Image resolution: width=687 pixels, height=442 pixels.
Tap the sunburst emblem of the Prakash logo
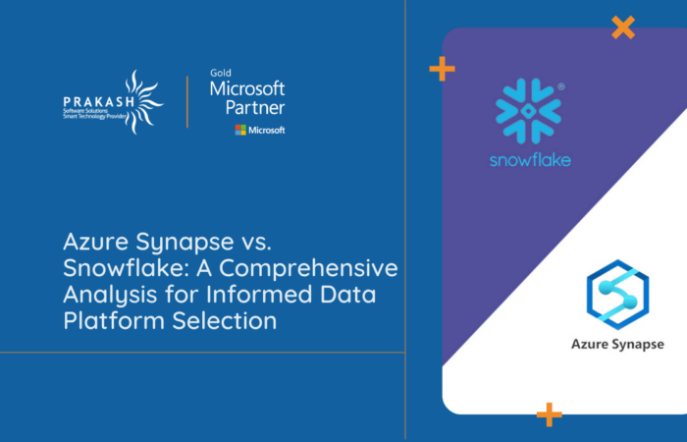(x=139, y=100)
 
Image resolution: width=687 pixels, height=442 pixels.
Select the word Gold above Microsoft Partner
(x=220, y=73)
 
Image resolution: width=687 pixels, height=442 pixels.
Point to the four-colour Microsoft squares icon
(x=239, y=130)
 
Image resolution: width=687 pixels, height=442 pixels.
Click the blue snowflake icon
(x=529, y=112)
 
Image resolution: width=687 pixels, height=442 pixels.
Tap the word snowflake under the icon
(x=530, y=159)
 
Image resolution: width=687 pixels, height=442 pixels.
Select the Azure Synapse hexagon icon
(x=617, y=293)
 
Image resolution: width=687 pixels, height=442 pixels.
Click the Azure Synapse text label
(x=617, y=344)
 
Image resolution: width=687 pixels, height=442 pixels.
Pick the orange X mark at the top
(x=622, y=28)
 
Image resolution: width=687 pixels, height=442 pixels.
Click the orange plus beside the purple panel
(x=442, y=69)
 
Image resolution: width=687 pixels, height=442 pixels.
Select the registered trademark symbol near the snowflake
(x=560, y=86)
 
